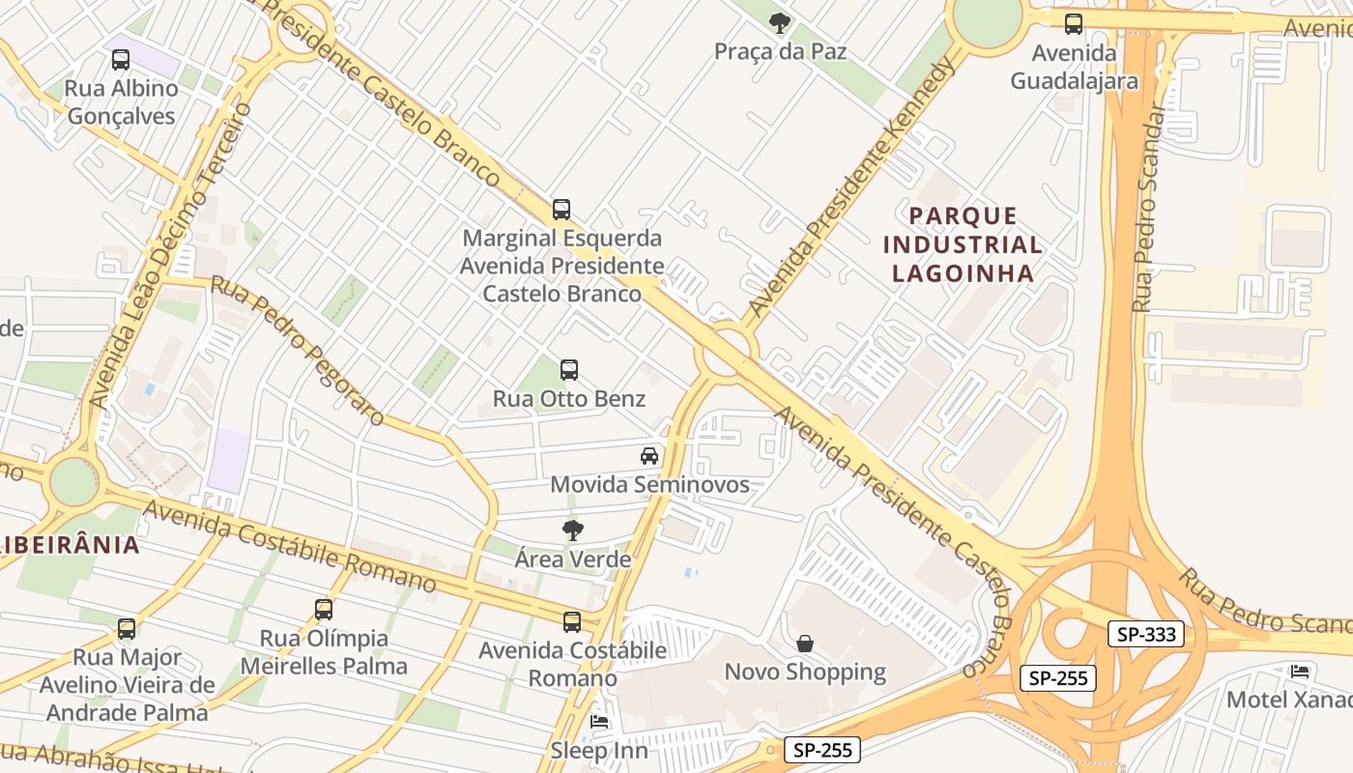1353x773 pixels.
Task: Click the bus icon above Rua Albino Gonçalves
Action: (x=121, y=60)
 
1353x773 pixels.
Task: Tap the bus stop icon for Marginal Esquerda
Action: (x=561, y=210)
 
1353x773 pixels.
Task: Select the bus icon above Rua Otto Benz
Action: (x=569, y=370)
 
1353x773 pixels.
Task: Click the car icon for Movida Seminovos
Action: (x=649, y=456)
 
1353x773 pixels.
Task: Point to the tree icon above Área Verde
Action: (x=573, y=530)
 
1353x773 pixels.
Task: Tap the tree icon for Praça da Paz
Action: (x=780, y=23)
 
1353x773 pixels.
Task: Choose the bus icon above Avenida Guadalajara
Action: (x=1074, y=24)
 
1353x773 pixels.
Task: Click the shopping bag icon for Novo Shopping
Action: (x=805, y=644)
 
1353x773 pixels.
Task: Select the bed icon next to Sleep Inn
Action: (x=599, y=722)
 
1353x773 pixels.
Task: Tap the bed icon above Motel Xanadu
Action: (x=1300, y=671)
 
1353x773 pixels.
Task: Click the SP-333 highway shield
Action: (x=1145, y=635)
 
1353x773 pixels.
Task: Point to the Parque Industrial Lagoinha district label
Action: (x=963, y=244)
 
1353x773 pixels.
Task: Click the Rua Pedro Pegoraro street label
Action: (x=298, y=351)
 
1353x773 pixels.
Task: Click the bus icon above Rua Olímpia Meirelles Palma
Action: (x=324, y=610)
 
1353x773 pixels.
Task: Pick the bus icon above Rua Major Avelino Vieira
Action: (x=127, y=629)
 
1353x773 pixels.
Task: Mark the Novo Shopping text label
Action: (x=805, y=672)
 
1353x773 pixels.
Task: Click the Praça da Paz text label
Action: (x=780, y=51)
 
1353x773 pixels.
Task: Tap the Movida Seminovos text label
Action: (x=649, y=484)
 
